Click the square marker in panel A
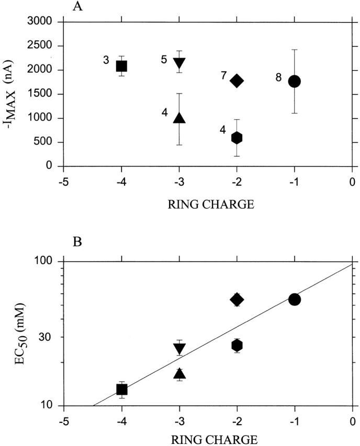(x=121, y=66)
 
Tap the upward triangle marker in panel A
(x=179, y=117)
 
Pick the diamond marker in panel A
(x=237, y=81)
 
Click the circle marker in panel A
(x=294, y=81)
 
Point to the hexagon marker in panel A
(x=237, y=138)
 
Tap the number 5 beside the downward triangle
(x=164, y=60)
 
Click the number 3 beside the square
(x=106, y=61)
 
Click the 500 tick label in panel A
(x=47, y=142)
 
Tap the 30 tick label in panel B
(x=49, y=337)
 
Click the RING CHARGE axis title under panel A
(x=208, y=204)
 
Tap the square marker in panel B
(x=121, y=389)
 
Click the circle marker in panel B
(x=294, y=299)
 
